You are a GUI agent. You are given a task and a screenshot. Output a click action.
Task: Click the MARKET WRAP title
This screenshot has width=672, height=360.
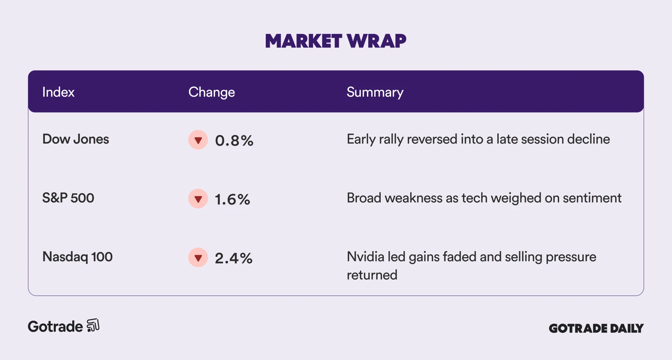[336, 41]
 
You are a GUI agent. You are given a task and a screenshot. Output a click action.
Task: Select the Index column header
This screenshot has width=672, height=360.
[58, 92]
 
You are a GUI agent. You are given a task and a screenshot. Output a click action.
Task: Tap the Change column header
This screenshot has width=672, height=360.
[211, 92]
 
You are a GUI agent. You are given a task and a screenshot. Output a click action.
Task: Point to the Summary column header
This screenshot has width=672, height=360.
[375, 92]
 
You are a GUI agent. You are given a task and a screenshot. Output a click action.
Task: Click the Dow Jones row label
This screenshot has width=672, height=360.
[76, 139]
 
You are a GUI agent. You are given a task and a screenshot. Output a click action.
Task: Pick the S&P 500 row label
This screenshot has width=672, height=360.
[68, 198]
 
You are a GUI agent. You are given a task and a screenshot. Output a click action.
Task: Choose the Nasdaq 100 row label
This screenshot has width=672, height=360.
[77, 257]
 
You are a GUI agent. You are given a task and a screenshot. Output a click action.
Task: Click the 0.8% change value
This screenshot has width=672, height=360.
[234, 141]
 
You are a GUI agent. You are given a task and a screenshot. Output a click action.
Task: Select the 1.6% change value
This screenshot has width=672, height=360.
[233, 199]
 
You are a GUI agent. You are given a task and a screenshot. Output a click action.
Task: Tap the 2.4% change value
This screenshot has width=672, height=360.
[234, 258]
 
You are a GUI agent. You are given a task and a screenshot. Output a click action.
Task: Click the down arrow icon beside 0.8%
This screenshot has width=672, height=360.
[198, 140]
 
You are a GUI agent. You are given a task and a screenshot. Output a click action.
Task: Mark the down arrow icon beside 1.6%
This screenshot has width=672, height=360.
[198, 199]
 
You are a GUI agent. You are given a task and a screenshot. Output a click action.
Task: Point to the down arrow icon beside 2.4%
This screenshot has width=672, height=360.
[198, 257]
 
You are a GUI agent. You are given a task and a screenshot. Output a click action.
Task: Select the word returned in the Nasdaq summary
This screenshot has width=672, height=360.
[372, 275]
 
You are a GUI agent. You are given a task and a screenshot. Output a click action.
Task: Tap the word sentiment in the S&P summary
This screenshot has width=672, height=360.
[592, 198]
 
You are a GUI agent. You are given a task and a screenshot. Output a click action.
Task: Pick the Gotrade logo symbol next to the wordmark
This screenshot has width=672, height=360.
[93, 325]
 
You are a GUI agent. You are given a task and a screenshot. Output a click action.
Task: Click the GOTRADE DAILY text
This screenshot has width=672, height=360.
[596, 328]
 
